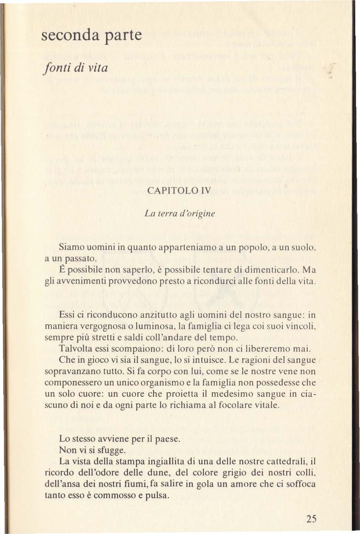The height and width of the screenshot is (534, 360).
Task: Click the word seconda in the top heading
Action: pyautogui.click(x=68, y=36)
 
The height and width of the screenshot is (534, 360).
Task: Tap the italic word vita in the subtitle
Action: pyautogui.click(x=96, y=67)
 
